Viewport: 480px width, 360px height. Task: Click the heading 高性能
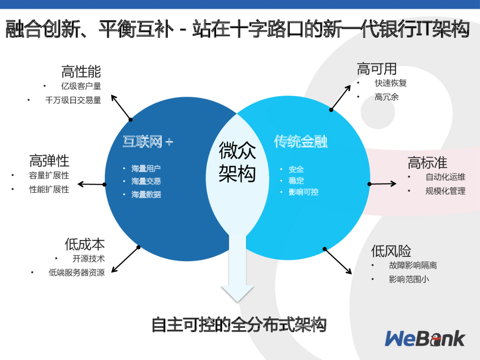pos(81,72)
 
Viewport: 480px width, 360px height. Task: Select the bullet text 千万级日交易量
pos(73,100)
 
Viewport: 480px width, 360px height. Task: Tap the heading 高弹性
pos(49,161)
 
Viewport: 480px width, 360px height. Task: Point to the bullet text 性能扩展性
pos(49,190)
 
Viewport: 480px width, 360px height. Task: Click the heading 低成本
pos(84,244)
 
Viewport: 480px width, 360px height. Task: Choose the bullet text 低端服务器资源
pos(77,272)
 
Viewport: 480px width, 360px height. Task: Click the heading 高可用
pos(377,69)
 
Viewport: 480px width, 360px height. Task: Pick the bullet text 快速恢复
pos(390,83)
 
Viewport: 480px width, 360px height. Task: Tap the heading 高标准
pos(427,163)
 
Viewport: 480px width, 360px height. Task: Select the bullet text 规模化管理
pos(445,191)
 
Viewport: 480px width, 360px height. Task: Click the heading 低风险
pos(391,251)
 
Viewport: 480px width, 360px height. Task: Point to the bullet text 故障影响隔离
pos(412,265)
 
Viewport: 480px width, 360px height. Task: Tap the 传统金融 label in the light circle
pos(300,142)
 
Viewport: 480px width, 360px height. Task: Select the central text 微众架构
pos(237,162)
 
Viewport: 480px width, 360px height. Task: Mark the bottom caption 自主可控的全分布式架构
pos(239,325)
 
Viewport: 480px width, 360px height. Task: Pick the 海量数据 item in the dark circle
pos(146,194)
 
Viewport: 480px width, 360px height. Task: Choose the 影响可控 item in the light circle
pos(303,192)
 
